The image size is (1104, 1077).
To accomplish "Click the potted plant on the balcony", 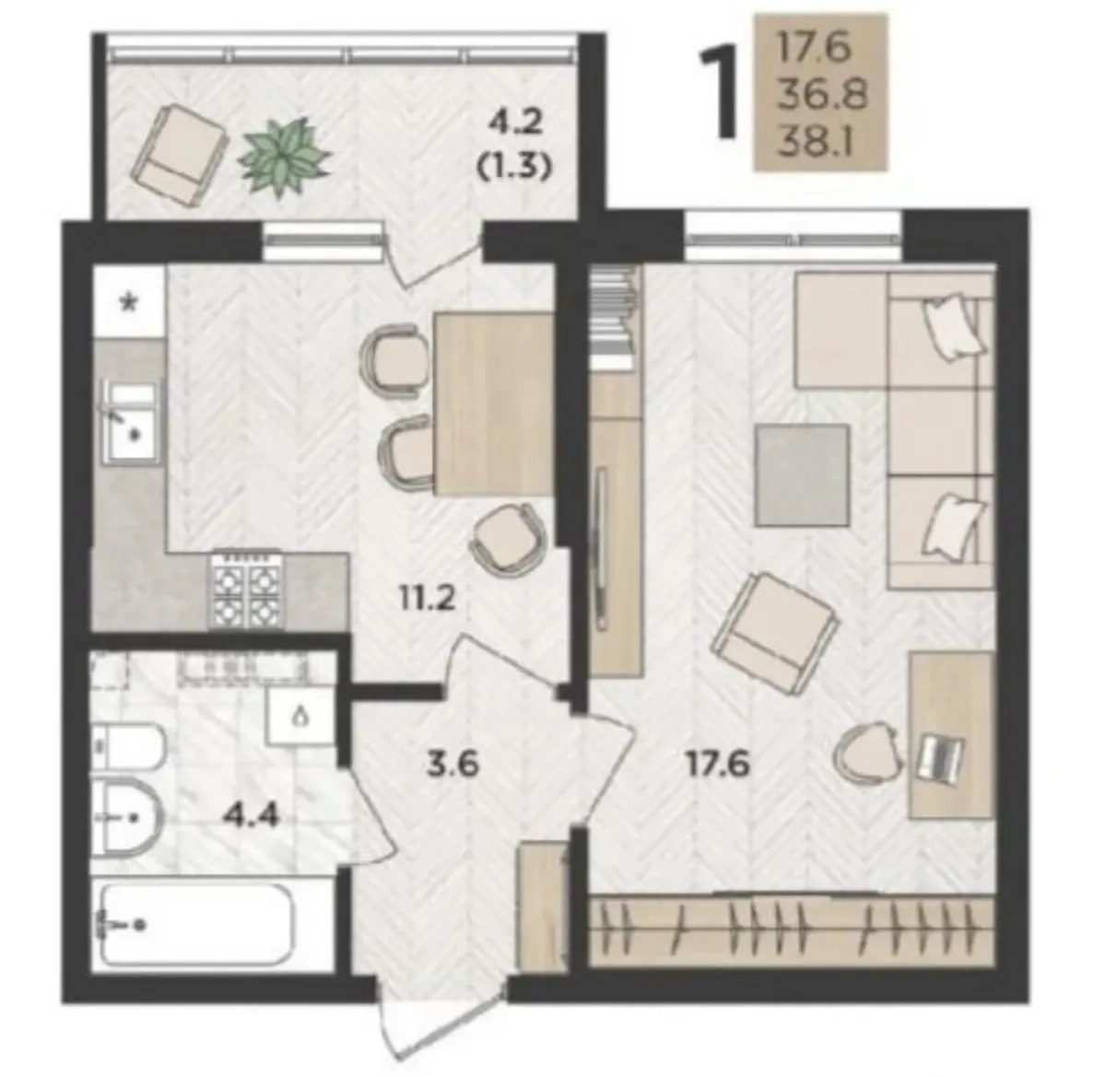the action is pos(284,157).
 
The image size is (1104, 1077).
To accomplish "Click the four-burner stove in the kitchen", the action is pos(245,590).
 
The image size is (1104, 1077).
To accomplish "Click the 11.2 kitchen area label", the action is pos(428,600).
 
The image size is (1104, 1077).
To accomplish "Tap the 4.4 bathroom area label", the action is pos(251,816).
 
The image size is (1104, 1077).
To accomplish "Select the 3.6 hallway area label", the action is pos(452,764).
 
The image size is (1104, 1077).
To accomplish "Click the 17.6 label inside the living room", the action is pos(718,764).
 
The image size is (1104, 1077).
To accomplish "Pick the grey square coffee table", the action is pos(801,475).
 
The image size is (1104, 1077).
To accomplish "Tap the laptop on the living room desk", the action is pos(941,758).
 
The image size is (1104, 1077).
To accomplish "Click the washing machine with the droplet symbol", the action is pos(299,715).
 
